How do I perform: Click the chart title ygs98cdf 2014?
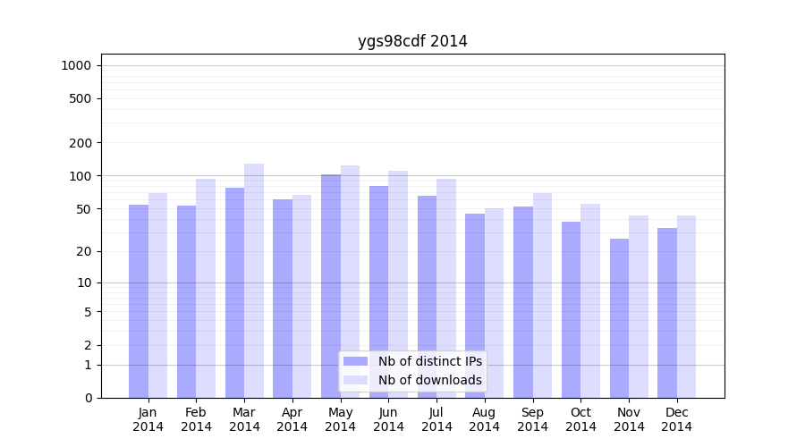pyautogui.click(x=412, y=41)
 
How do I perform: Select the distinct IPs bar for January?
pyautogui.click(x=139, y=301)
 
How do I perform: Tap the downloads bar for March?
pyautogui.click(x=254, y=281)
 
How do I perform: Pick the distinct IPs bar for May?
pyautogui.click(x=331, y=286)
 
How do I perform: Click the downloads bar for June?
pyautogui.click(x=398, y=284)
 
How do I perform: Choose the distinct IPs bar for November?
pyautogui.click(x=619, y=318)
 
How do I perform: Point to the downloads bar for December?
pyautogui.click(x=687, y=307)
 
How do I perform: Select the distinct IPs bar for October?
pyautogui.click(x=571, y=309)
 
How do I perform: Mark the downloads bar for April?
pyautogui.click(x=302, y=296)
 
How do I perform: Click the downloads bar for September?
pyautogui.click(x=542, y=295)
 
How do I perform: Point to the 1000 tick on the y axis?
pyautogui.click(x=76, y=65)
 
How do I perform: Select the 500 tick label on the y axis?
pyautogui.click(x=80, y=98)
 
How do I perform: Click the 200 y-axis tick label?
pyautogui.click(x=80, y=143)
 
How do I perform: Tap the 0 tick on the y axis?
pyautogui.click(x=88, y=398)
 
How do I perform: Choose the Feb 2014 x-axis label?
pyautogui.click(x=196, y=419)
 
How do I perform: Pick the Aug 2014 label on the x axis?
pyautogui.click(x=485, y=419)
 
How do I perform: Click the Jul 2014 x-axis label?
pyautogui.click(x=436, y=419)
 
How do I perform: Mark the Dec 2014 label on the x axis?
pyautogui.click(x=677, y=419)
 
